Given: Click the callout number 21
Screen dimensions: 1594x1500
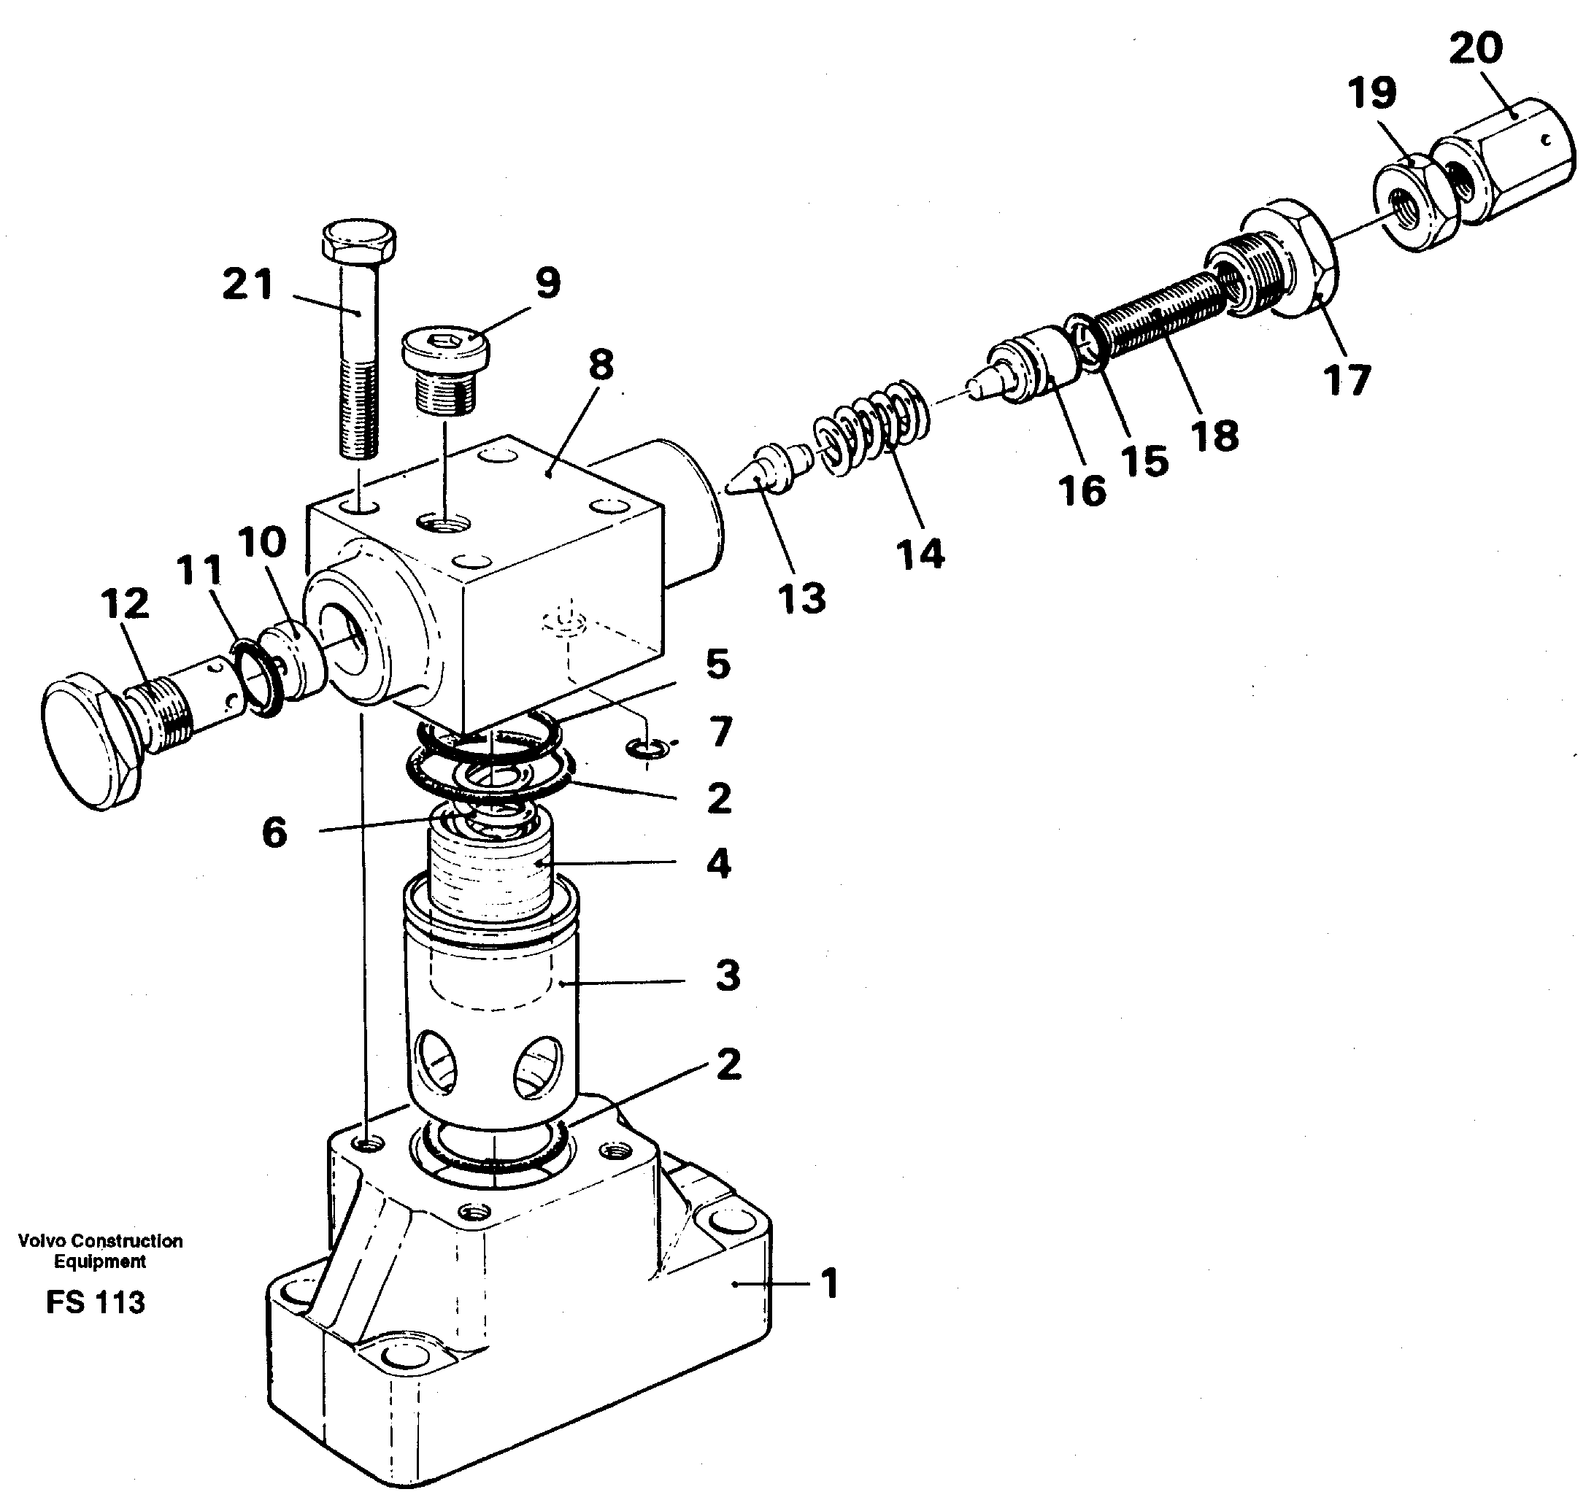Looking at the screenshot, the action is tap(247, 285).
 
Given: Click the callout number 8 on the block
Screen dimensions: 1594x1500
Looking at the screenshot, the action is tap(601, 366).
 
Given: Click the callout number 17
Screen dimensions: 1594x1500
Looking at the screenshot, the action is tap(1347, 379).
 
